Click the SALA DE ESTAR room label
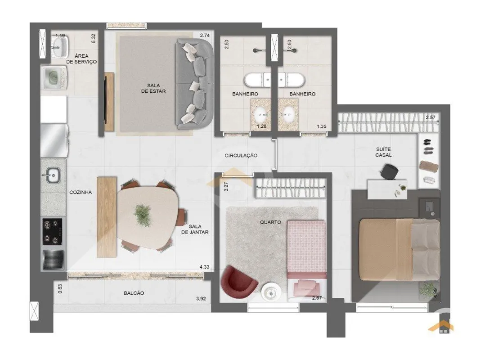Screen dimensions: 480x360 (x=153, y=88)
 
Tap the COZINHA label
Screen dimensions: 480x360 (x=81, y=192)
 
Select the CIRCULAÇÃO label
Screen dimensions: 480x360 (x=241, y=156)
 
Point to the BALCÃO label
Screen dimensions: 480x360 (x=134, y=293)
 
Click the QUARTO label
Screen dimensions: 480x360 (x=270, y=222)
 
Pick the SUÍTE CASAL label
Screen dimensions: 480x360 (x=384, y=152)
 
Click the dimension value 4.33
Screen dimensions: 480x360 (x=205, y=267)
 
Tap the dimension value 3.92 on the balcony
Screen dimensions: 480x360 (x=201, y=298)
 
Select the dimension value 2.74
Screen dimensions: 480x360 (x=205, y=35)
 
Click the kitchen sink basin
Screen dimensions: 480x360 (x=52, y=175)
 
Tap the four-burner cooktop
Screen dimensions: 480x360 (x=52, y=231)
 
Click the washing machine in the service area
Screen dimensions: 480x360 (x=54, y=78)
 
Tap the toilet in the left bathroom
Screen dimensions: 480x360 (x=257, y=80)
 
